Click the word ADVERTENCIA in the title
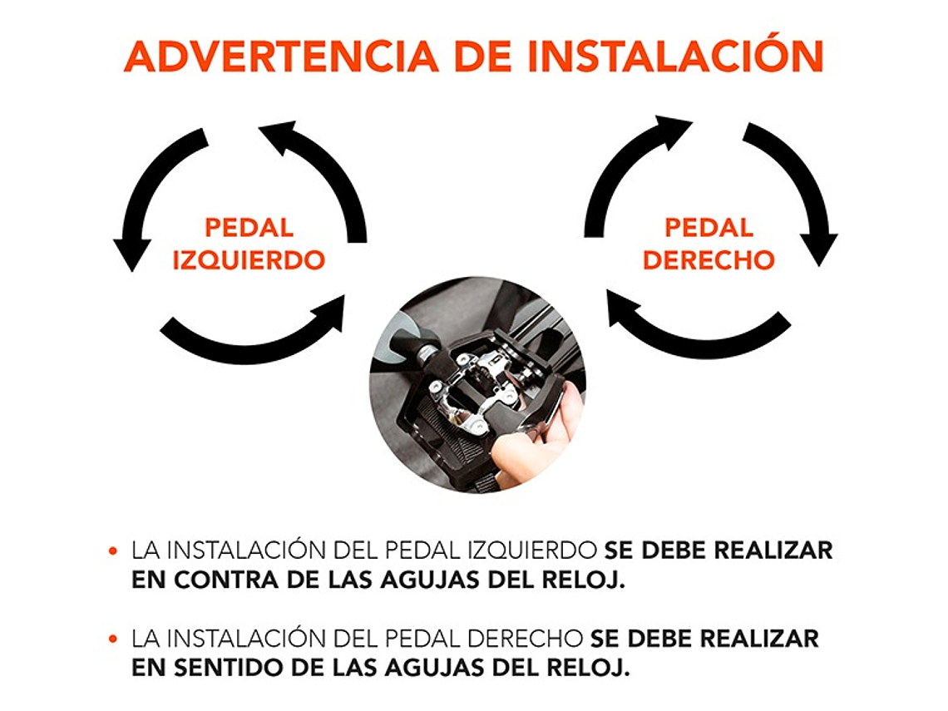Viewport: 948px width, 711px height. pos(280,57)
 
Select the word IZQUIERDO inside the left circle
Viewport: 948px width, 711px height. pos(249,260)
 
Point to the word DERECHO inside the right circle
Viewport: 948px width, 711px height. pos(709,260)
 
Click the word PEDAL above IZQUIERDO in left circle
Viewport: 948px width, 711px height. pos(249,228)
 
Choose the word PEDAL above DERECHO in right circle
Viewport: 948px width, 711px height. pos(709,228)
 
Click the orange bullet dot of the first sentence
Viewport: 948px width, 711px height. pos(112,551)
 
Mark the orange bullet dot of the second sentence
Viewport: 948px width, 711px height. pos(112,639)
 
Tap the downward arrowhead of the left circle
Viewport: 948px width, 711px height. pos(132,254)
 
